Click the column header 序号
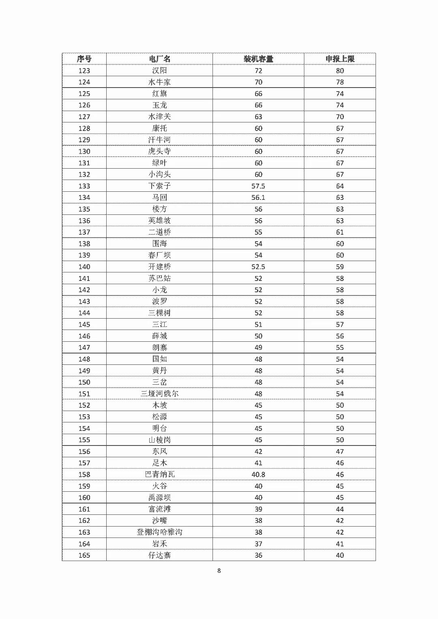[x=84, y=59]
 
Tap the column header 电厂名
[x=159, y=59]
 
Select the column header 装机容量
[x=258, y=59]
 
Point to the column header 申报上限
[x=340, y=59]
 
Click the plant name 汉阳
[x=159, y=71]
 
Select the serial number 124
[x=84, y=82]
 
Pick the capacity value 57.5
[x=258, y=186]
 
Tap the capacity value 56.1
[x=258, y=197]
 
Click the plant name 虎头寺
[x=159, y=151]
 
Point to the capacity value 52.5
[x=258, y=267]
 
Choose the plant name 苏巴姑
[x=159, y=278]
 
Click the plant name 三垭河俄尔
[x=159, y=394]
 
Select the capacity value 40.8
[x=258, y=474]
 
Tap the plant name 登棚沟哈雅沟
[x=159, y=532]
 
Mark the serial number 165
[x=84, y=555]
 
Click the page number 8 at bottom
[x=219, y=570]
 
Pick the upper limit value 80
[x=340, y=71]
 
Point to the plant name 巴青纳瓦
[x=159, y=474]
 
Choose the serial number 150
[x=84, y=382]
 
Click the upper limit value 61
[x=340, y=232]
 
